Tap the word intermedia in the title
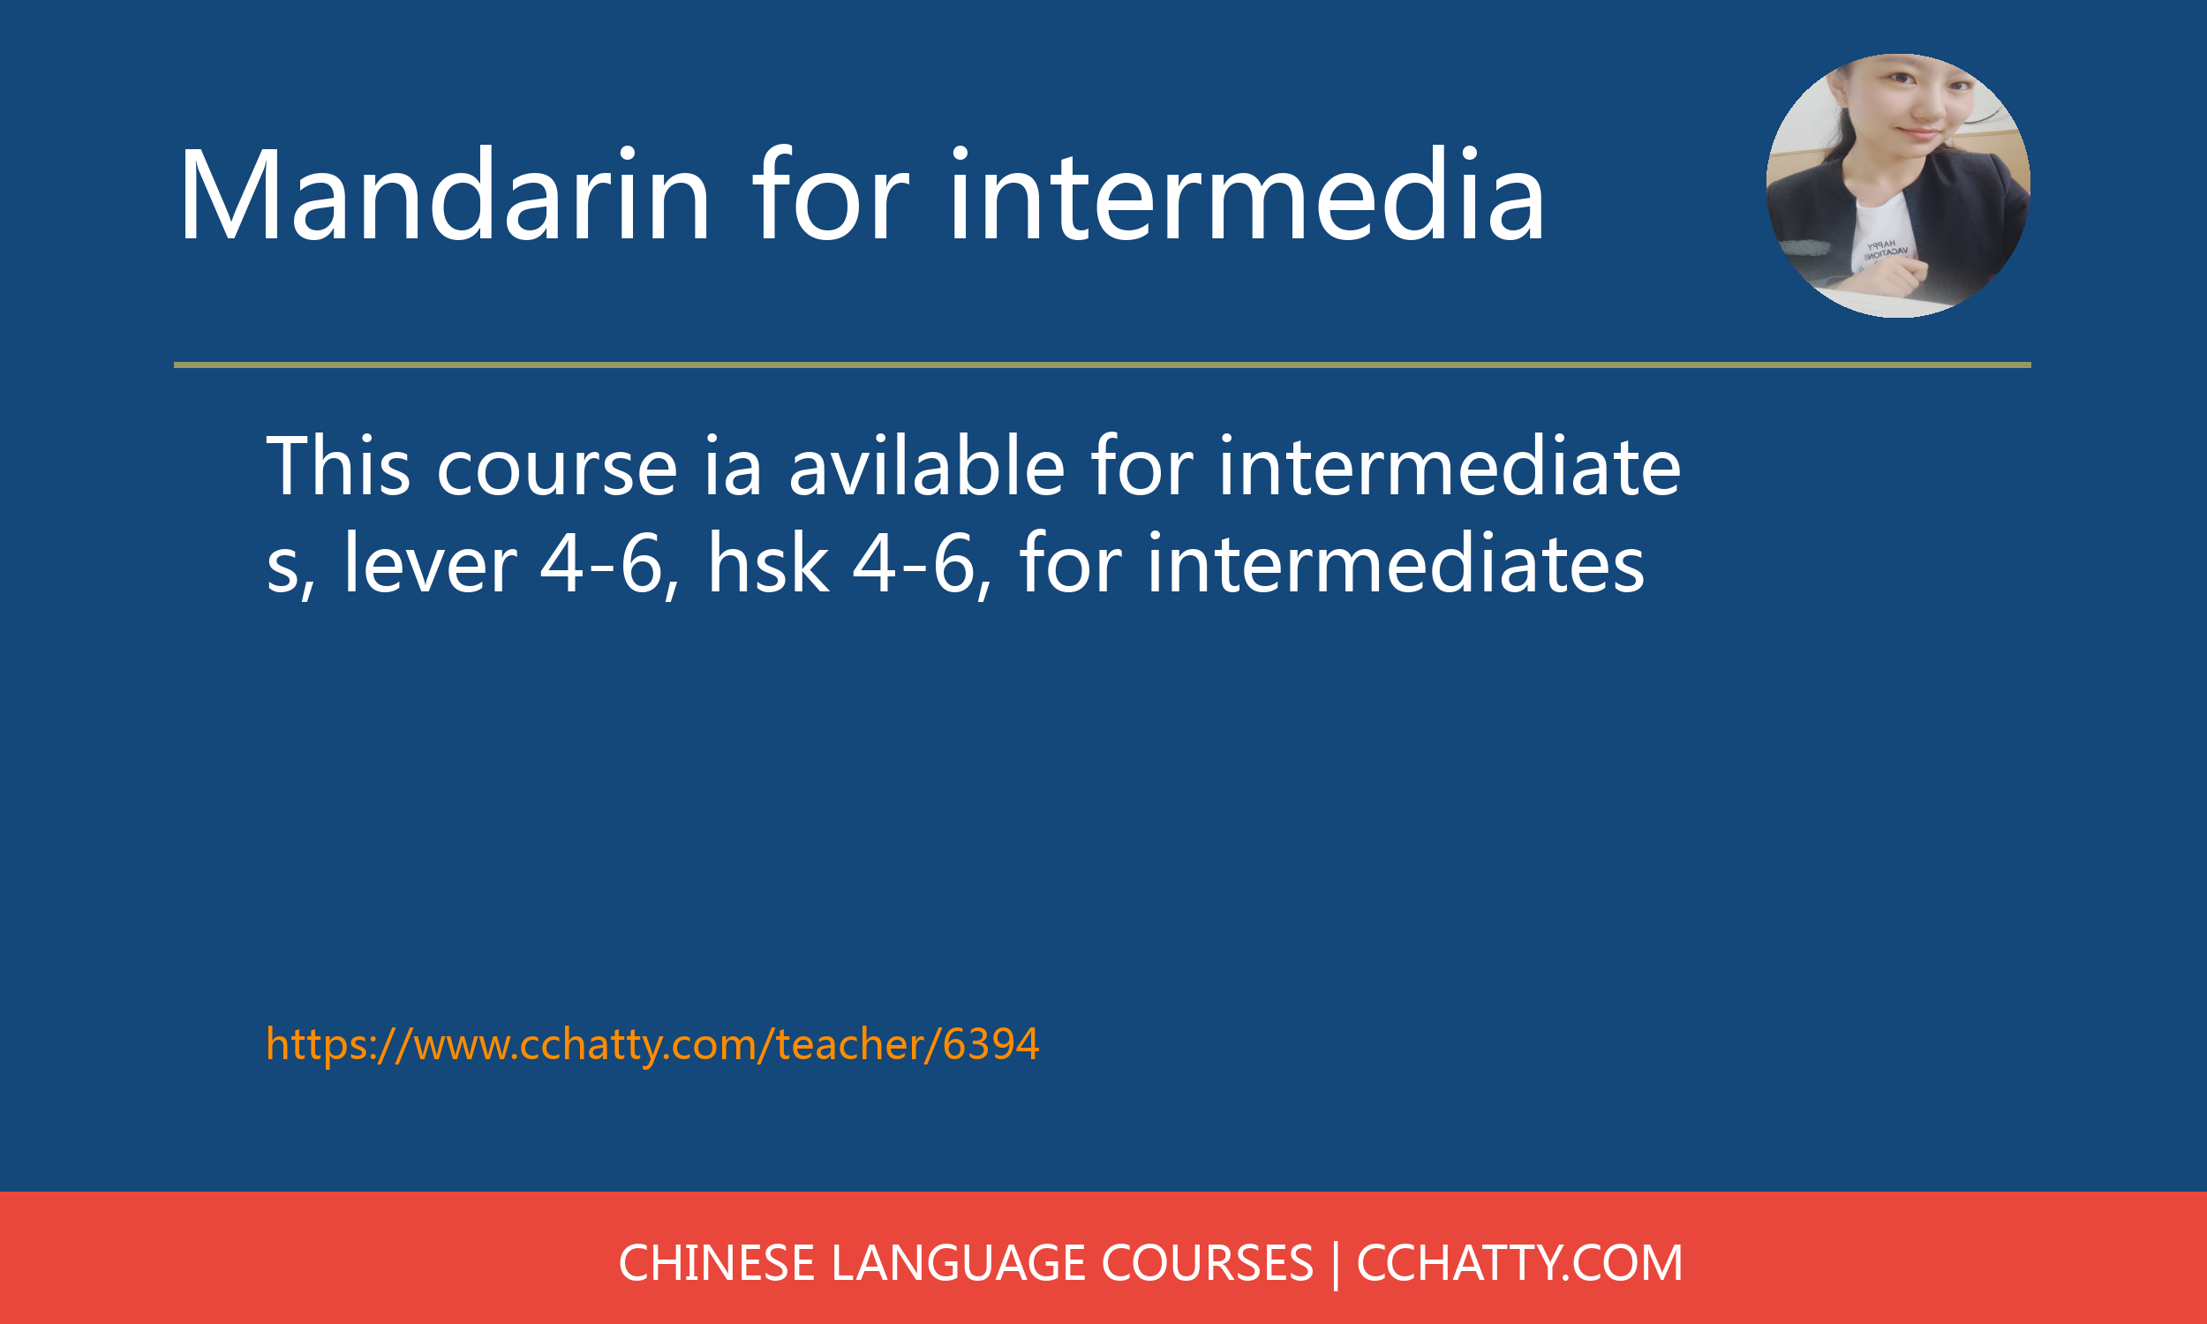tap(1247, 196)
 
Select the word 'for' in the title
tap(830, 196)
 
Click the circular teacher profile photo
tap(1897, 185)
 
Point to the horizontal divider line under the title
tap(1102, 365)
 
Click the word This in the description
tap(338, 467)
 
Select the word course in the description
tap(557, 467)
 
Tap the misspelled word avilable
tap(927, 467)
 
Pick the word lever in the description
tap(430, 564)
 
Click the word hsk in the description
tap(768, 564)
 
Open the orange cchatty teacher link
tap(652, 1044)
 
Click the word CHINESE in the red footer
tap(716, 1263)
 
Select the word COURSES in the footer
tap(1207, 1263)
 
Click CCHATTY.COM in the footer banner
tap(1519, 1263)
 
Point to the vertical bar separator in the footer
tap(1336, 1263)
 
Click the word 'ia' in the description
tap(733, 467)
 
